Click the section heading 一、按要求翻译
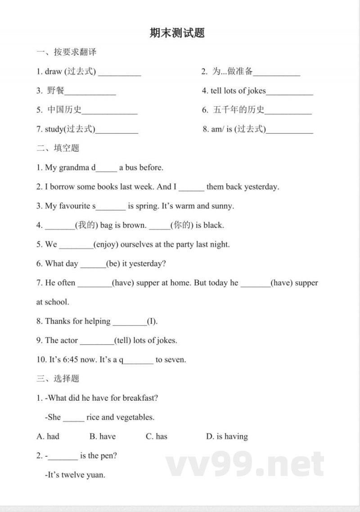(67, 52)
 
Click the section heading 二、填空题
(58, 148)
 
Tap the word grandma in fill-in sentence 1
(74, 168)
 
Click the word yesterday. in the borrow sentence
(261, 186)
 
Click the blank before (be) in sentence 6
(92, 265)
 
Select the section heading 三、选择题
(58, 378)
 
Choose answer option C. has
(156, 436)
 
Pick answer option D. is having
(227, 436)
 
